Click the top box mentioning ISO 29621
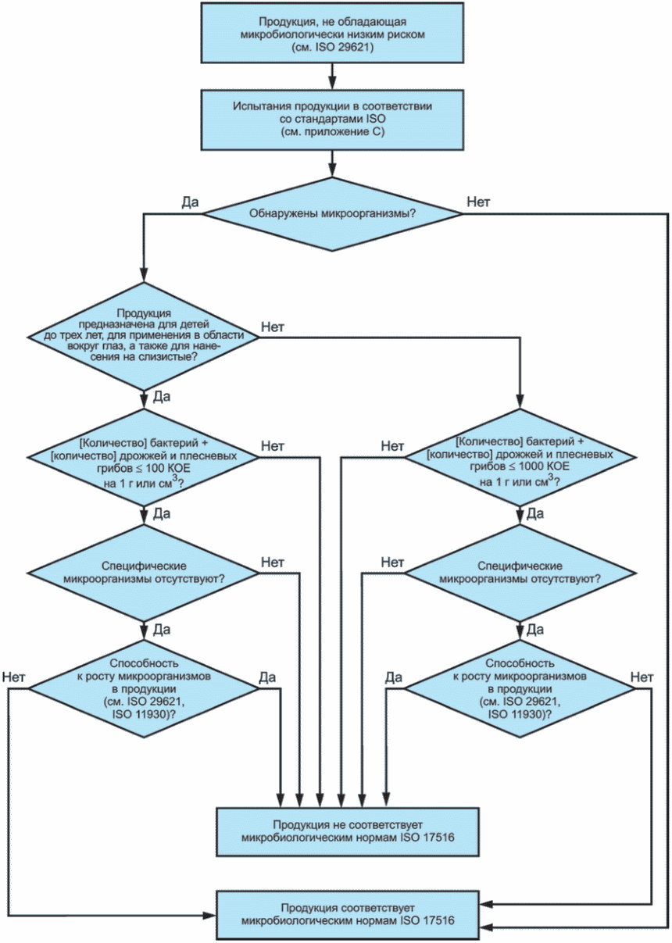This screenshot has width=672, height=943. point(332,34)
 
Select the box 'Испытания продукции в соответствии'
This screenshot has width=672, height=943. point(332,120)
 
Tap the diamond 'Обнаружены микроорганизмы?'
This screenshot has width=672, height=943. point(332,214)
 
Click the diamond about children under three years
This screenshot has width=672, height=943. point(144,336)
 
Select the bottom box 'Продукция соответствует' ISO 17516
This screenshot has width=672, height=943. point(348,915)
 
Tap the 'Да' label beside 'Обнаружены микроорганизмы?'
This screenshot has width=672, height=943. point(190,202)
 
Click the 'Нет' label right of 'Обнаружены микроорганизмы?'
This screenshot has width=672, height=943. point(478,202)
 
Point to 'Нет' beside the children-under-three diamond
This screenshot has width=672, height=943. point(273,327)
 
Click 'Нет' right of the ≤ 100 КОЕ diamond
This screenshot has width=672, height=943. point(273,446)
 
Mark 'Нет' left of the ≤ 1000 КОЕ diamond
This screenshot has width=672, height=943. point(392,446)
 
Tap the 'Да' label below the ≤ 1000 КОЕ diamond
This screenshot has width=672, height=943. point(535,513)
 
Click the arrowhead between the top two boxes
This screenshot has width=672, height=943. point(332,83)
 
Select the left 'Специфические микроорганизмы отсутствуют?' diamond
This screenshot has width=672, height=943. point(144,573)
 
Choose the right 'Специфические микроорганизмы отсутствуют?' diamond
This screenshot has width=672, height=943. point(520,573)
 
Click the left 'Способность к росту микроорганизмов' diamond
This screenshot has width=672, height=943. point(144,689)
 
